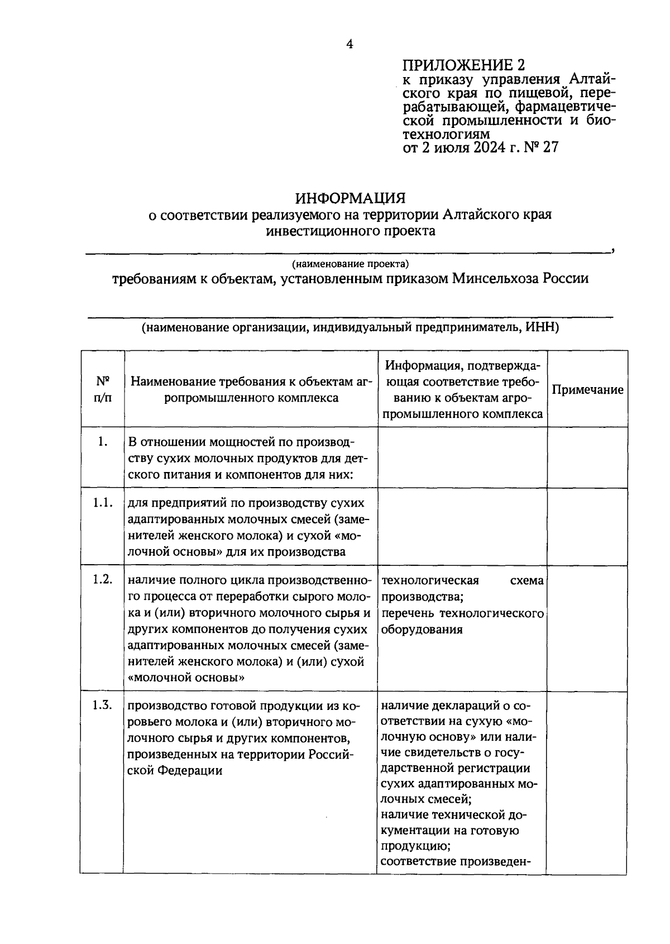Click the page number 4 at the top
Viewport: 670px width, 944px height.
(350, 44)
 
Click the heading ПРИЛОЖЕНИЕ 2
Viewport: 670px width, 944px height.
(464, 65)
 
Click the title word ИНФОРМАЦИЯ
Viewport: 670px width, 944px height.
(350, 198)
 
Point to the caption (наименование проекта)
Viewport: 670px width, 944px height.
(350, 263)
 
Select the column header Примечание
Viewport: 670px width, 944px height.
(587, 390)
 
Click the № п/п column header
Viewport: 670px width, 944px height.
(102, 390)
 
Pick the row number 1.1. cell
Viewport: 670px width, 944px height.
(102, 503)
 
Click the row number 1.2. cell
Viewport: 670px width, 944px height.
(102, 579)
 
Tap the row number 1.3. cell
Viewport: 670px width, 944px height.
(102, 705)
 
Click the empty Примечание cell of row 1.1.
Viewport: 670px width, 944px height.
(587, 526)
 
